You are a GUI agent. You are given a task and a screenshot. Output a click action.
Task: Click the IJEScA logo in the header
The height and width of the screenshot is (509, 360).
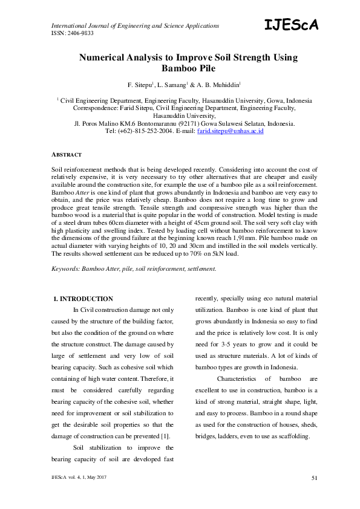291,24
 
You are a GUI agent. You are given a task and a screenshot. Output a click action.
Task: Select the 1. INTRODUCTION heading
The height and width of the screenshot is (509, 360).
83,299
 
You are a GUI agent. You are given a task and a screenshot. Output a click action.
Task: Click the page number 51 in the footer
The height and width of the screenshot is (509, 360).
314,479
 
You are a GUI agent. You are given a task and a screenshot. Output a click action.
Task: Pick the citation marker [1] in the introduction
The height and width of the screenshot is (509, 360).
165,436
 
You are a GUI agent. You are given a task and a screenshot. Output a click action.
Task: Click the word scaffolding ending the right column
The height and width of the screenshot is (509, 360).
292,436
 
